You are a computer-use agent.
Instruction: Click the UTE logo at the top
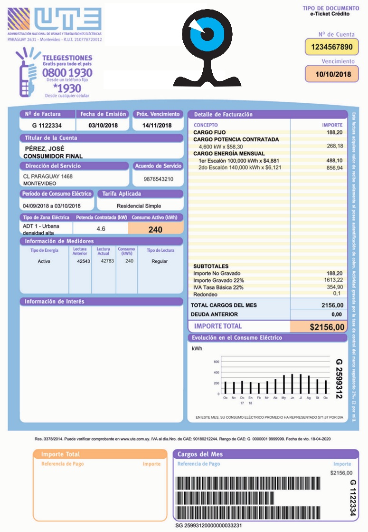[x=54, y=20]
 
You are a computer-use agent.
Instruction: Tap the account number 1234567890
[x=331, y=47]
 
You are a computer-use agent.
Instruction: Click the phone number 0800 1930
[x=67, y=73]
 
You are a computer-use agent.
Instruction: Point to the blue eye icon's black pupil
[x=207, y=33]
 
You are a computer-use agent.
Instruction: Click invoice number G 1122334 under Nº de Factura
[x=47, y=125]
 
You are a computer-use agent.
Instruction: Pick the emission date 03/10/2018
[x=103, y=125]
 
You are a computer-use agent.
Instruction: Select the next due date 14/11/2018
[x=158, y=125]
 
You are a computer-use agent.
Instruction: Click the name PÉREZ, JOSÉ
[x=44, y=148]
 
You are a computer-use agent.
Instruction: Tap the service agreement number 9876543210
[x=158, y=179]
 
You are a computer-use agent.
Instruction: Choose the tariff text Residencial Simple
[x=139, y=206]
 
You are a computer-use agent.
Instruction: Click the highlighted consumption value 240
[x=155, y=229]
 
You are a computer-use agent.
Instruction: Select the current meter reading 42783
[x=107, y=261]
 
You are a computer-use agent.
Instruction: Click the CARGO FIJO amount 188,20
[x=334, y=132]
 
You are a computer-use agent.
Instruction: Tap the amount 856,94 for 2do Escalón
[x=334, y=168]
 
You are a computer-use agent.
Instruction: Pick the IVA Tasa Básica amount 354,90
[x=334, y=287]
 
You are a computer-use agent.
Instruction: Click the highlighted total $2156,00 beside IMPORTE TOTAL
[x=327, y=327]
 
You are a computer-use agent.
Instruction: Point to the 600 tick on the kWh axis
[x=216, y=361]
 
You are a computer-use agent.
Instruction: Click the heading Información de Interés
[x=55, y=302]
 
